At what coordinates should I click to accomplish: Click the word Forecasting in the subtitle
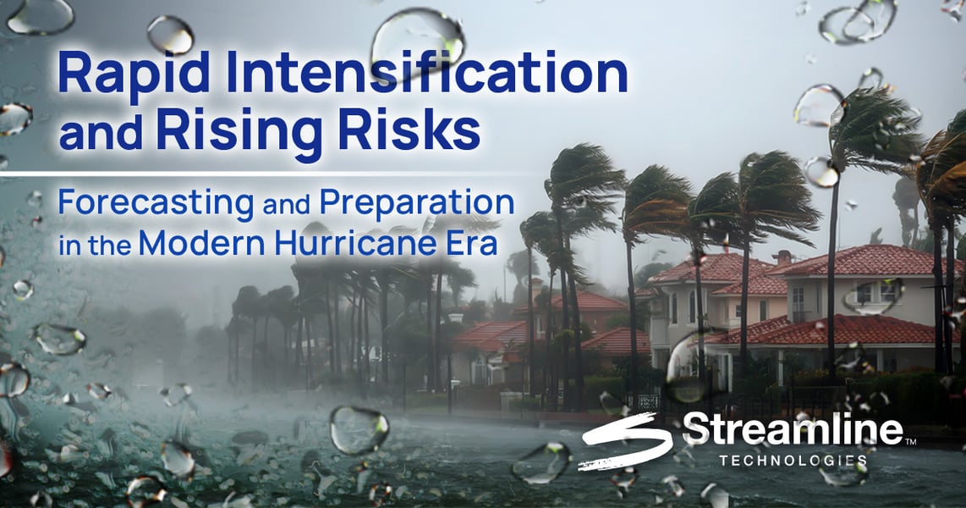click(156, 204)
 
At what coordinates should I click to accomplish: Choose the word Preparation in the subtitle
click(416, 204)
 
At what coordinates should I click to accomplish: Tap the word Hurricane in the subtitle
click(360, 243)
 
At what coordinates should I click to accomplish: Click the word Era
click(475, 243)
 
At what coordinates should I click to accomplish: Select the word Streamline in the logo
click(793, 429)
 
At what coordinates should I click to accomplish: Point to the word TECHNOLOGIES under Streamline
click(793, 460)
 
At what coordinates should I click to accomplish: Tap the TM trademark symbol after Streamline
click(910, 441)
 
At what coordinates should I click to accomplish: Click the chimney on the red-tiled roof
click(783, 257)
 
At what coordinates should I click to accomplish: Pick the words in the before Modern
click(96, 245)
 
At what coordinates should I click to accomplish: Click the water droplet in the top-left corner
click(40, 16)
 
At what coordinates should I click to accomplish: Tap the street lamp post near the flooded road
click(453, 364)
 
